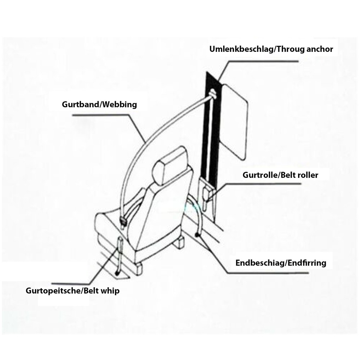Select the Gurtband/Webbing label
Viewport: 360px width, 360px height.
[99, 105]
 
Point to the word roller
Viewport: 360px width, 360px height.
[306, 175]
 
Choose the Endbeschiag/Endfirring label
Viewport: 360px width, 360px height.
[281, 263]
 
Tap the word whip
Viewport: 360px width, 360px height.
[111, 291]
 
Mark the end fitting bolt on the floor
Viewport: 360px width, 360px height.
[197, 235]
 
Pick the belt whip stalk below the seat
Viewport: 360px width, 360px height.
[119, 257]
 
